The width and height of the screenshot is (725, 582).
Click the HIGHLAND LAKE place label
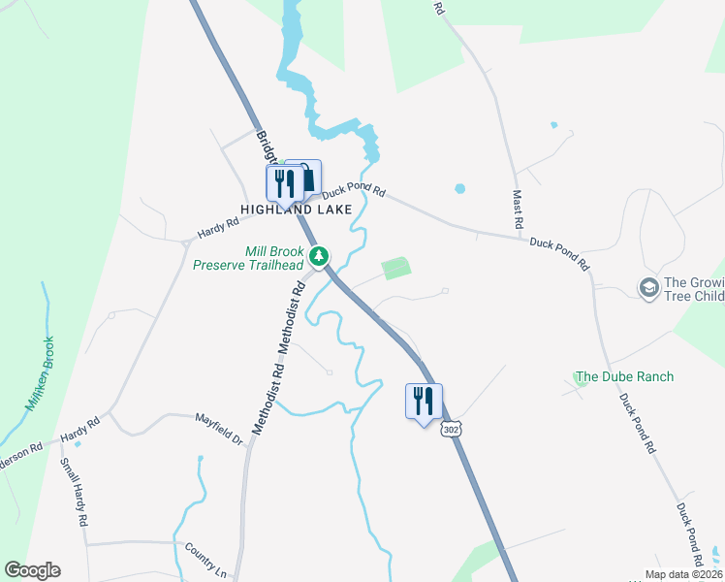(291, 210)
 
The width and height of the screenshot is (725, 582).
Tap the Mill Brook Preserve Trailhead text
(247, 257)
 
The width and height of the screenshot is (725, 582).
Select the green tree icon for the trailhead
(318, 257)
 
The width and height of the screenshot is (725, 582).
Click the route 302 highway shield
(449, 428)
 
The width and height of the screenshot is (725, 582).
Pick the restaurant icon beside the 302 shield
(424, 401)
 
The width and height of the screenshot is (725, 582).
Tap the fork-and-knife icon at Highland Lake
(284, 182)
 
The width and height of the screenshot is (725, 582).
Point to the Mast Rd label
(519, 209)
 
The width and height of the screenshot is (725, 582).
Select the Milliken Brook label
(39, 373)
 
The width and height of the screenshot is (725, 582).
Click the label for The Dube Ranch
(624, 376)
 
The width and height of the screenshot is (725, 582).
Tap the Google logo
(32, 570)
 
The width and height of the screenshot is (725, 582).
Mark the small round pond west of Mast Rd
(459, 188)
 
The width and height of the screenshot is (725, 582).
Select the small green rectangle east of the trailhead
(395, 269)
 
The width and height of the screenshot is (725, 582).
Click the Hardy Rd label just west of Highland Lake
(218, 228)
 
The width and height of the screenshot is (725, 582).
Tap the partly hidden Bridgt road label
(266, 146)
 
